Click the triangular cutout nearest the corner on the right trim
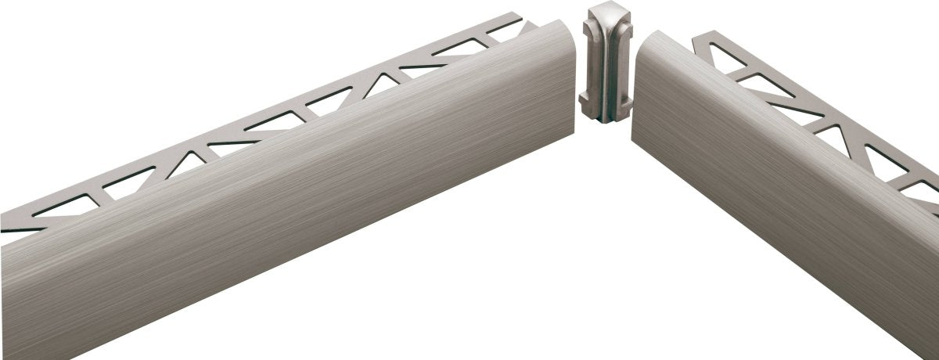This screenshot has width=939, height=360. coord(725,59)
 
